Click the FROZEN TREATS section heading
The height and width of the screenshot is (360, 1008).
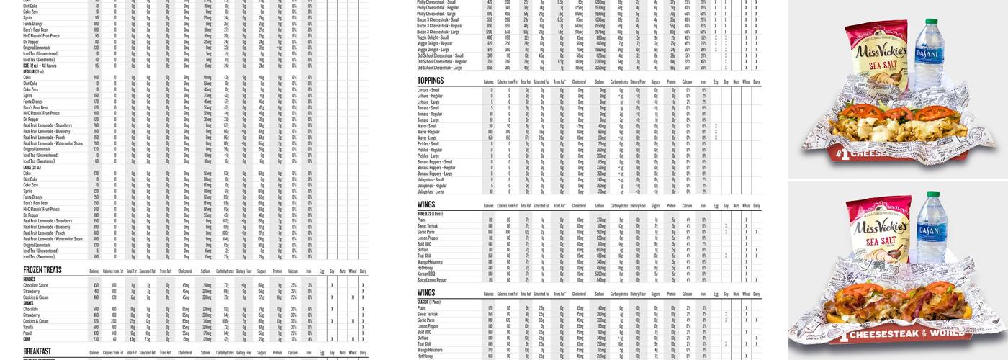42,270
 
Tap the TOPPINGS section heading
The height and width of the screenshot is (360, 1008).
430,81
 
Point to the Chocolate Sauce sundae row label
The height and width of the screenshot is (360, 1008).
35,285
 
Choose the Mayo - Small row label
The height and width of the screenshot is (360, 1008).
426,126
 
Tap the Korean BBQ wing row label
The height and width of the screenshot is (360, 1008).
426,274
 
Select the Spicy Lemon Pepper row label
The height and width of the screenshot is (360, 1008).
432,279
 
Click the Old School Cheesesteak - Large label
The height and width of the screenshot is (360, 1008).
441,68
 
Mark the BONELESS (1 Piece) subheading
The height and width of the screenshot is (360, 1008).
429,214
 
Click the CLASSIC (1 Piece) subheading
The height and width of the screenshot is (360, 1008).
428,302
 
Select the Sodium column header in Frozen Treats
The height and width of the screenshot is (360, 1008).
206,271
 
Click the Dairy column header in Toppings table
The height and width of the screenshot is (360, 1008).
756,83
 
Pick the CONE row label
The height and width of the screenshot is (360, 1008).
27,338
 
